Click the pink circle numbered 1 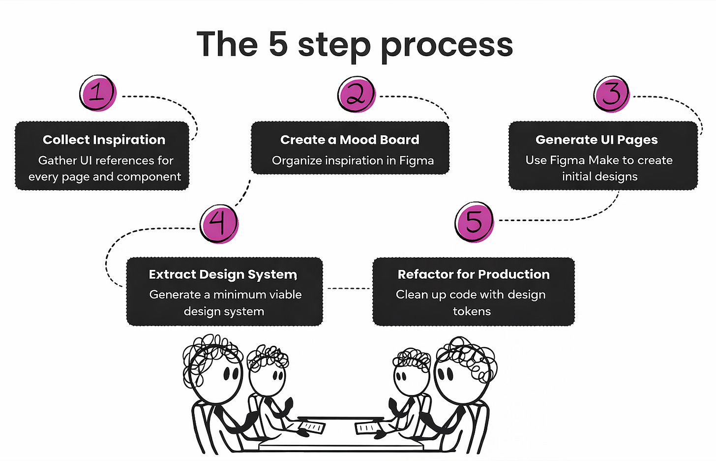pyautogui.click(x=98, y=93)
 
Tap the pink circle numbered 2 pyautogui.click(x=357, y=94)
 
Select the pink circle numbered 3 pyautogui.click(x=611, y=94)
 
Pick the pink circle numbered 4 pyautogui.click(x=219, y=224)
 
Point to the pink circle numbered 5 pyautogui.click(x=475, y=222)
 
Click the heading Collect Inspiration pyautogui.click(x=104, y=140)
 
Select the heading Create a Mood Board pyautogui.click(x=350, y=139)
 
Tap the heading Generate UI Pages pyautogui.click(x=597, y=140)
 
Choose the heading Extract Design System pyautogui.click(x=223, y=275)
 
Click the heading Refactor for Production pyautogui.click(x=474, y=274)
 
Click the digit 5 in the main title pyautogui.click(x=278, y=44)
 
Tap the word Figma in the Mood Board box pyautogui.click(x=417, y=161)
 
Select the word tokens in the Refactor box pyautogui.click(x=472, y=311)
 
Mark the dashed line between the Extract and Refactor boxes pyautogui.click(x=348, y=289)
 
